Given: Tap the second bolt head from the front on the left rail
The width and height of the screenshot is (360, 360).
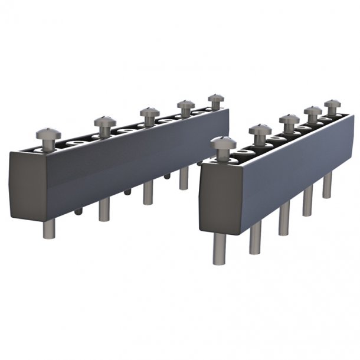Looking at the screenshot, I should [104, 121].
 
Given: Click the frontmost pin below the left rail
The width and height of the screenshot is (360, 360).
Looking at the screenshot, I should [49, 228].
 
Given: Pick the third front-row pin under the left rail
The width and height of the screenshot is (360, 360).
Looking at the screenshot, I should [148, 192].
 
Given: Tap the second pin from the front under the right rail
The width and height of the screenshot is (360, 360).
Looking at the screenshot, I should [255, 239].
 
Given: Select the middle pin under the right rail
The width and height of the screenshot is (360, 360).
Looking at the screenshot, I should [284, 220].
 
